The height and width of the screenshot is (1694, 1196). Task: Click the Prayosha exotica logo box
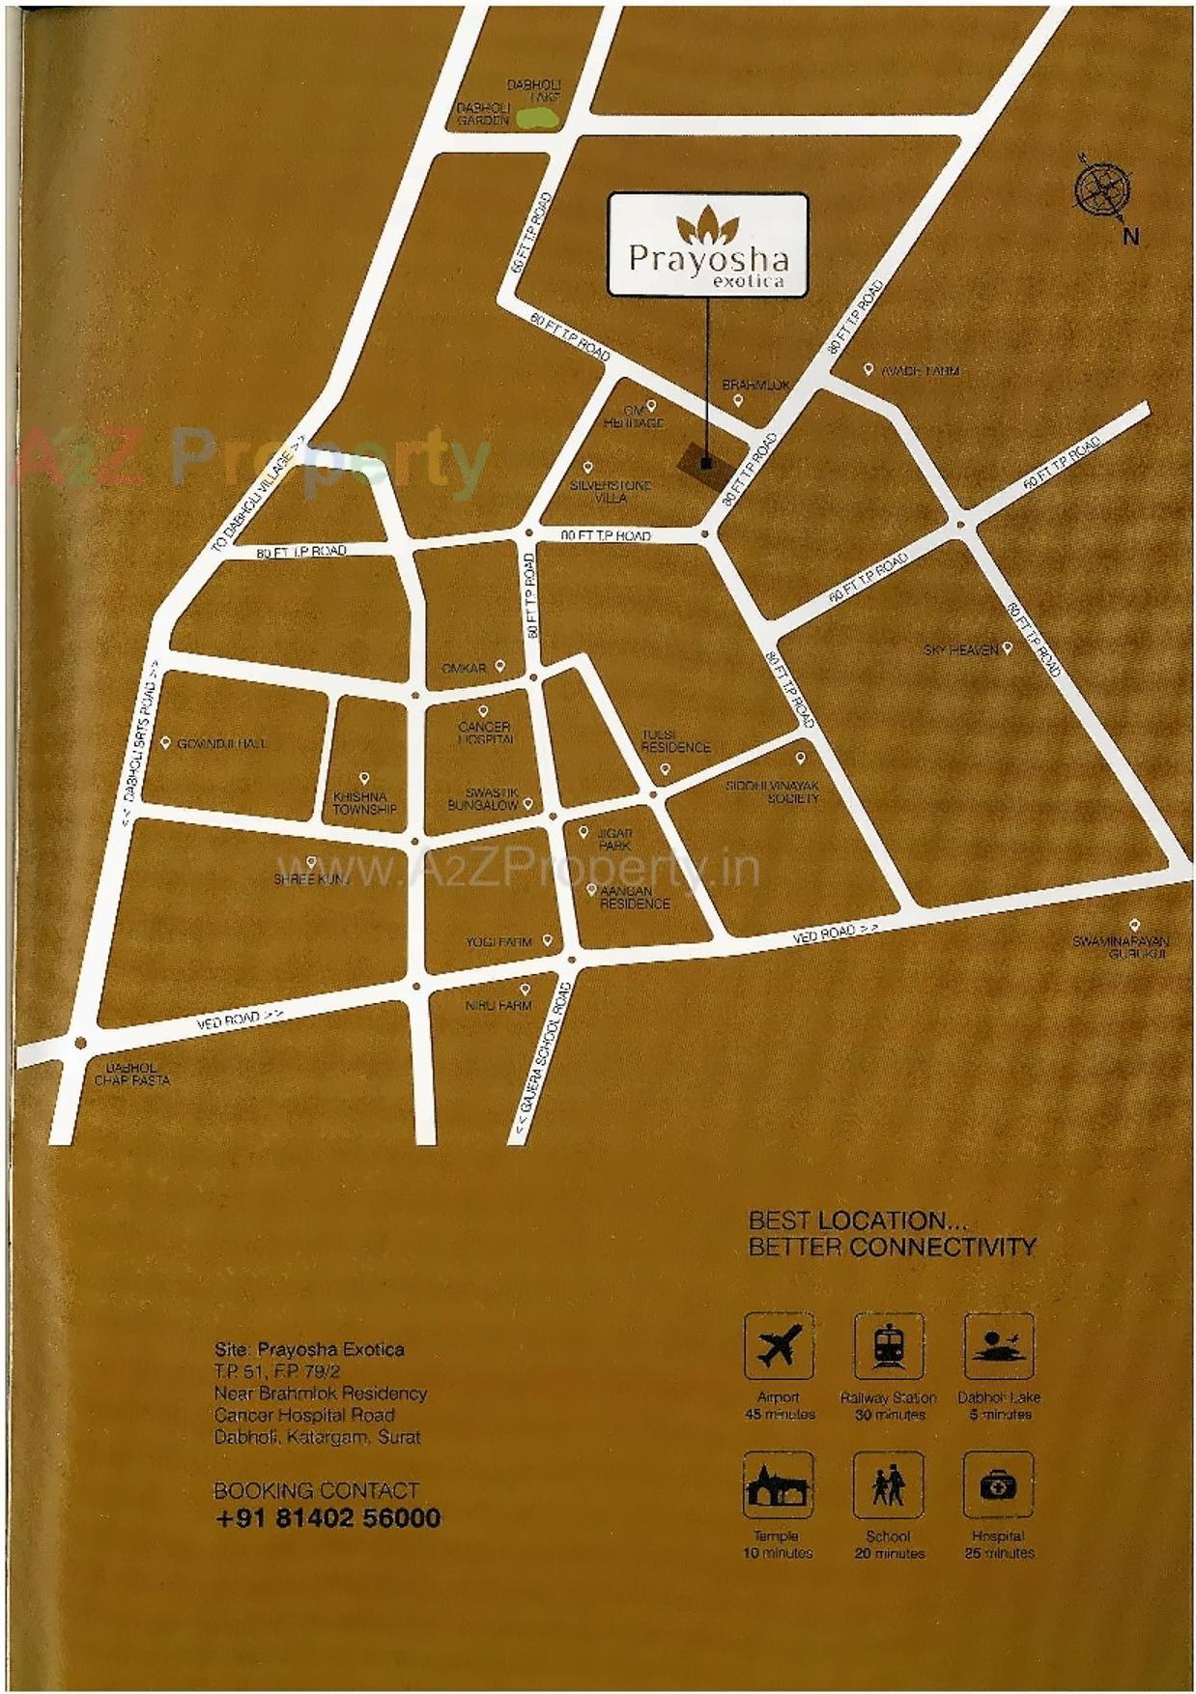point(707,244)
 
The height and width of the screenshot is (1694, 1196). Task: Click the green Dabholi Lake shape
point(537,118)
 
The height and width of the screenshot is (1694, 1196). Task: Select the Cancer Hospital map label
point(485,732)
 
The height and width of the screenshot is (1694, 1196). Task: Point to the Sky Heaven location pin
point(1007,648)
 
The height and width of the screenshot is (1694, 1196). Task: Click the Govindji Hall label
point(221,743)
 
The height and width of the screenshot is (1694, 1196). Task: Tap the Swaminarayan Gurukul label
point(1120,947)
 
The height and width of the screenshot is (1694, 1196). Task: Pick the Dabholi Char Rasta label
point(131,1074)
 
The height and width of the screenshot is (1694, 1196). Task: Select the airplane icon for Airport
point(779,1345)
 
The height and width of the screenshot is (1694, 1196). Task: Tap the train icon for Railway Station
point(889,1345)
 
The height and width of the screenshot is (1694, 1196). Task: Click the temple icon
point(778,1484)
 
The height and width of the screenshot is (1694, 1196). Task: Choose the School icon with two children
point(889,1484)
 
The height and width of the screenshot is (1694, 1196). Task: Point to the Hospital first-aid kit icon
point(999,1484)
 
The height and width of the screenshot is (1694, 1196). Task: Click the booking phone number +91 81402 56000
point(327,1517)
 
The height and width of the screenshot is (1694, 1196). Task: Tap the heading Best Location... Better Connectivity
point(891,1234)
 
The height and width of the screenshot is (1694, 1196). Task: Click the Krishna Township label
point(364,802)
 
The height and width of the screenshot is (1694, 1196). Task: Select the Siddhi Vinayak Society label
point(772,791)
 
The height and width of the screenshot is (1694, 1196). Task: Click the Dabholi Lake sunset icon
point(999,1345)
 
